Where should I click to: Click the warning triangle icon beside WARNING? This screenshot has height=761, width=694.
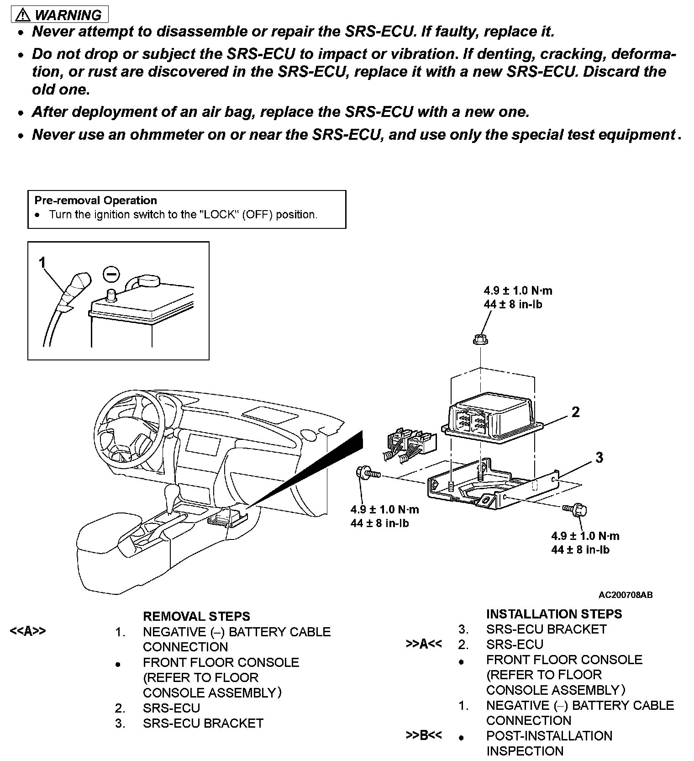click(x=22, y=15)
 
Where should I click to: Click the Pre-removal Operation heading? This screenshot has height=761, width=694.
click(x=95, y=201)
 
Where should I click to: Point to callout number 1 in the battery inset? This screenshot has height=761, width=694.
click(x=42, y=263)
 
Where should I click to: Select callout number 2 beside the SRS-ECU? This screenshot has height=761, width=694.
click(x=575, y=412)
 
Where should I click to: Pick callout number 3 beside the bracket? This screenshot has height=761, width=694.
click(x=599, y=457)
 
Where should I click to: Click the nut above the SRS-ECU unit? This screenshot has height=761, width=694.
click(x=480, y=339)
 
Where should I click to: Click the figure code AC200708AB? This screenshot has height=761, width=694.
click(x=626, y=595)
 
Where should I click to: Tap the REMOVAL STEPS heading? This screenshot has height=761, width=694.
click(x=196, y=616)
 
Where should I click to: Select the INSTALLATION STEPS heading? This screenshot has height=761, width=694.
click(x=554, y=614)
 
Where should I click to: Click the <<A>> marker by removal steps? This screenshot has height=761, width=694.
click(x=28, y=631)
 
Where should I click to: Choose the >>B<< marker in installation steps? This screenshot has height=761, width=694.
click(x=424, y=736)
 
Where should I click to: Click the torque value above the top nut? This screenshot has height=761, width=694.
click(x=518, y=297)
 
